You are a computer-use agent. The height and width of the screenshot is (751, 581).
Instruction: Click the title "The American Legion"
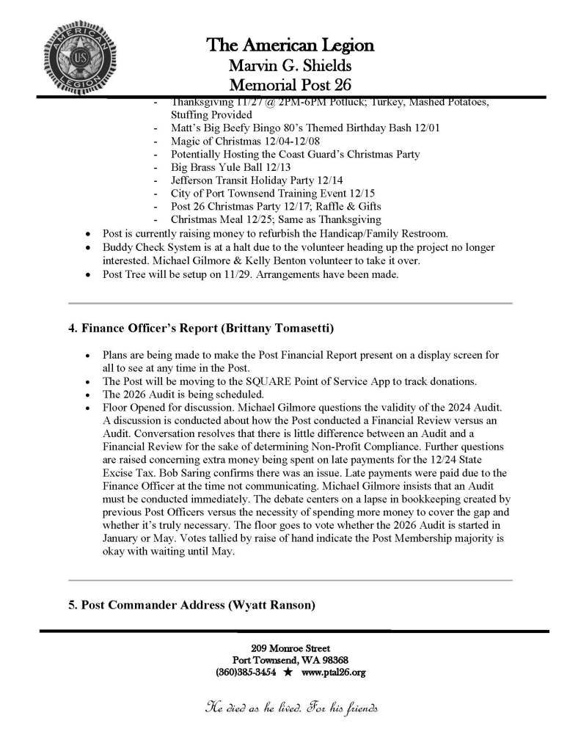(290, 46)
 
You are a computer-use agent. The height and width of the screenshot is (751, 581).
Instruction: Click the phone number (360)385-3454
(246, 672)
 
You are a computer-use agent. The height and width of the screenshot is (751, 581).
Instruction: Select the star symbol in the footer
(288, 672)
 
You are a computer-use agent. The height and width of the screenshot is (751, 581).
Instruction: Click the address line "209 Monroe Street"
(290, 648)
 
